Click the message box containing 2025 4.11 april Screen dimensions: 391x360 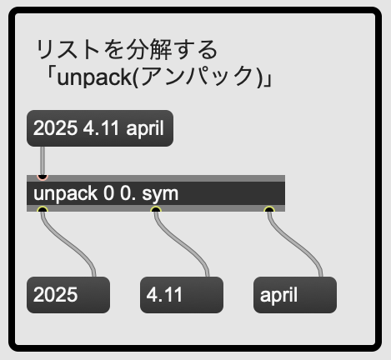tap(100, 128)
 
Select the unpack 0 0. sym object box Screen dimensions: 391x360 tap(156, 193)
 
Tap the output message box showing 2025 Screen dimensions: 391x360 tap(68, 295)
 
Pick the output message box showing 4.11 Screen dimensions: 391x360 tap(182, 295)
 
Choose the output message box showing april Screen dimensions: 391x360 tap(295, 295)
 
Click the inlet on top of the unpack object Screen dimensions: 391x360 tap(43, 177)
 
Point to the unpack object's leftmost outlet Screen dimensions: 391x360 tap(43, 210)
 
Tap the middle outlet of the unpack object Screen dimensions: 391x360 tap(156, 210)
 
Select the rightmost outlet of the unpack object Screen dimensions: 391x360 tap(269, 210)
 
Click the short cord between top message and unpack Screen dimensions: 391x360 tap(43, 161)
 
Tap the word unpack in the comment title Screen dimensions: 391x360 tap(94, 77)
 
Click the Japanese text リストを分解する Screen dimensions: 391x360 tap(127, 49)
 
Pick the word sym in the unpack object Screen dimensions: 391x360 tap(160, 194)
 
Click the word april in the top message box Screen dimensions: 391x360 tap(145, 129)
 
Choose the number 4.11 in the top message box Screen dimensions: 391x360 tap(101, 128)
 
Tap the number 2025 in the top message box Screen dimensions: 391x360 tap(55, 128)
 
